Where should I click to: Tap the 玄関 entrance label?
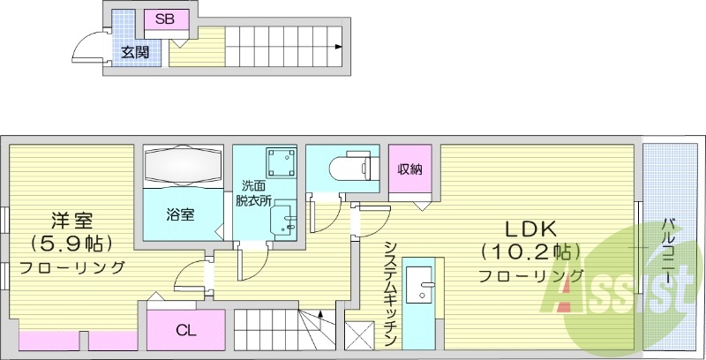pos(134,53)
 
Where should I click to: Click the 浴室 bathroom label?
pos(181,214)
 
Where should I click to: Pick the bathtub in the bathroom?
pos(182,166)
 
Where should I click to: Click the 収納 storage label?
pos(408,169)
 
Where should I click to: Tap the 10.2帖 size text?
pos(527,251)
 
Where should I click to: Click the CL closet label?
pos(184,332)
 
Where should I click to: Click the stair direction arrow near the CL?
pos(319,312)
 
